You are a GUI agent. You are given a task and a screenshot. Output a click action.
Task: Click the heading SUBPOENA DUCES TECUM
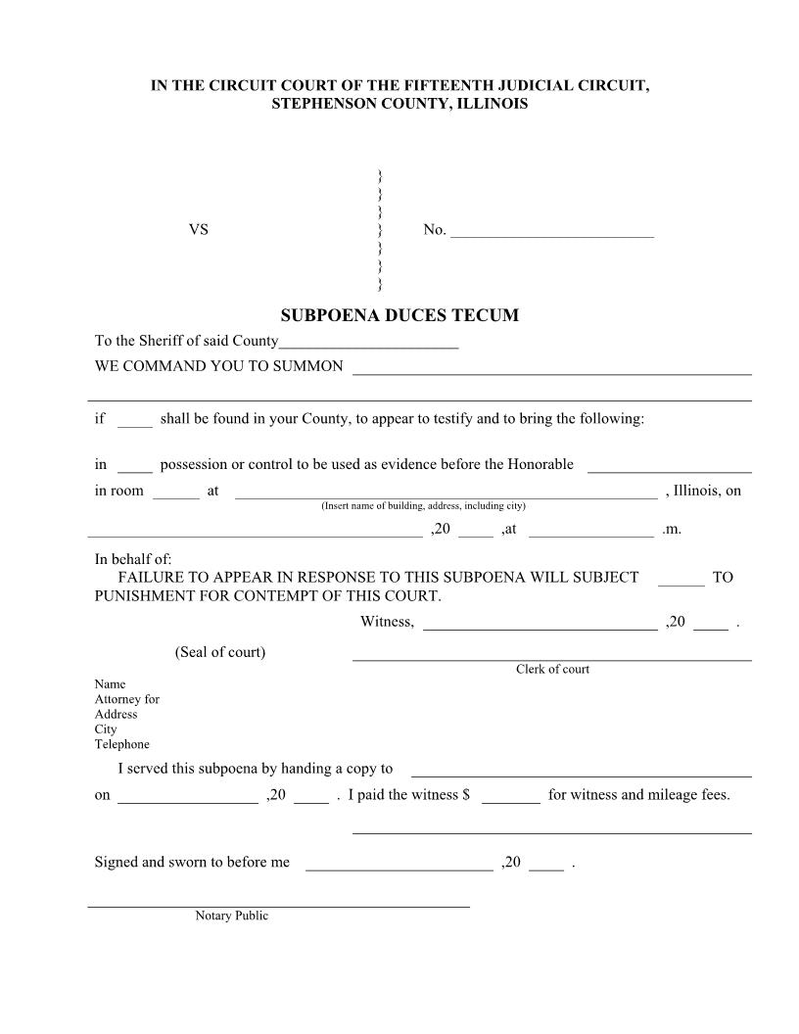tap(399, 315)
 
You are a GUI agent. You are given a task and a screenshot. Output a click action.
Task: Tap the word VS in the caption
tap(199, 230)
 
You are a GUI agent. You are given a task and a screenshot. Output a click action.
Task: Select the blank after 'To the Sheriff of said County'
tap(369, 345)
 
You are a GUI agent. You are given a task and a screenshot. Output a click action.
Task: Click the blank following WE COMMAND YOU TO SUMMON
tap(551, 370)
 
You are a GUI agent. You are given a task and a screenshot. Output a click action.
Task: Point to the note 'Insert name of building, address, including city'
tap(423, 506)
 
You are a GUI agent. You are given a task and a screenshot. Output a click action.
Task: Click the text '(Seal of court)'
tap(220, 652)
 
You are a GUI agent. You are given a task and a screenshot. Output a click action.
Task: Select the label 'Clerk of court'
tap(552, 670)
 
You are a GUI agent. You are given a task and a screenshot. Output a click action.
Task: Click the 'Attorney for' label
tap(126, 699)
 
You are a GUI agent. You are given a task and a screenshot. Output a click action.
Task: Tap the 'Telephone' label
tap(121, 744)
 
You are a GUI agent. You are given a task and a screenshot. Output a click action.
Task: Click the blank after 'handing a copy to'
tap(581, 773)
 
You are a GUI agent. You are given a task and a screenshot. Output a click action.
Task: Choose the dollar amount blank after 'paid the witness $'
tap(510, 798)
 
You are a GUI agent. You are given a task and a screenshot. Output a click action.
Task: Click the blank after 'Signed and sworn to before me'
tap(399, 867)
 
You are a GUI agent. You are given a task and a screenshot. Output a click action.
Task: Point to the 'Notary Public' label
tap(231, 916)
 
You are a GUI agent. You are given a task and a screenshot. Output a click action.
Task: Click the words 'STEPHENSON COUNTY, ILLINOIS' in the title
tap(399, 104)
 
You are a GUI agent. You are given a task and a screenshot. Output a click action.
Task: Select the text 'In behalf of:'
tap(133, 559)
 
